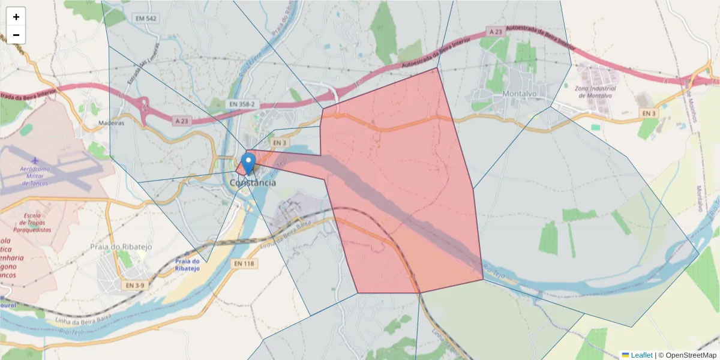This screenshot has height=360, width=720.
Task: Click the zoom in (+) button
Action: tap(16, 17)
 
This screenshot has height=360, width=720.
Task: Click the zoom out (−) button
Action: tap(16, 35)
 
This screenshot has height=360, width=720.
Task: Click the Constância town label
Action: tap(253, 182)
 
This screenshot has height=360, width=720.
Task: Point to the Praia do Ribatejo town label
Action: tap(121, 247)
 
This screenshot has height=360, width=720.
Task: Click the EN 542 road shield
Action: tap(146, 19)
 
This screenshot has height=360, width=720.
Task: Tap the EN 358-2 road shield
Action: tap(241, 104)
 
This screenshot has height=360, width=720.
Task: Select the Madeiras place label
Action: tap(111, 123)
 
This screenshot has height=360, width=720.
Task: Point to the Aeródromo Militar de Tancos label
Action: tap(34, 175)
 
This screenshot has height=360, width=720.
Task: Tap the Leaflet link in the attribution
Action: tap(641, 355)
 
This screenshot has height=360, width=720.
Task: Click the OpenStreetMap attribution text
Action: tap(687, 355)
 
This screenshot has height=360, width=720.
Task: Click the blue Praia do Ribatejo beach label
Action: tap(187, 265)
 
